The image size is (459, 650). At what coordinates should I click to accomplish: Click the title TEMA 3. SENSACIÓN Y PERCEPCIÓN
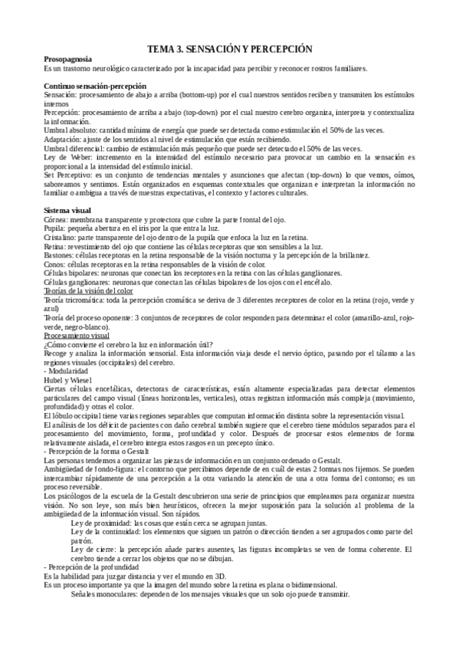click(229, 48)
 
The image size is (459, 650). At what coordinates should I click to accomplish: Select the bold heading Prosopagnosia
click(70, 59)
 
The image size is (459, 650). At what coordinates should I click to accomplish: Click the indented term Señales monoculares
click(110, 594)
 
